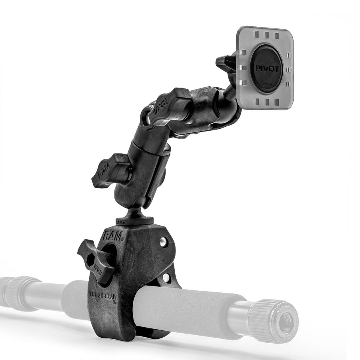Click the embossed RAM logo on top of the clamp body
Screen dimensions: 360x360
tap(113, 236)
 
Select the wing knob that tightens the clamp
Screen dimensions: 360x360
tap(95, 260)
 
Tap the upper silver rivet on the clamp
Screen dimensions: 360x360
tap(163, 242)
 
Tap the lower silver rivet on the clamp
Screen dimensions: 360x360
tap(166, 277)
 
